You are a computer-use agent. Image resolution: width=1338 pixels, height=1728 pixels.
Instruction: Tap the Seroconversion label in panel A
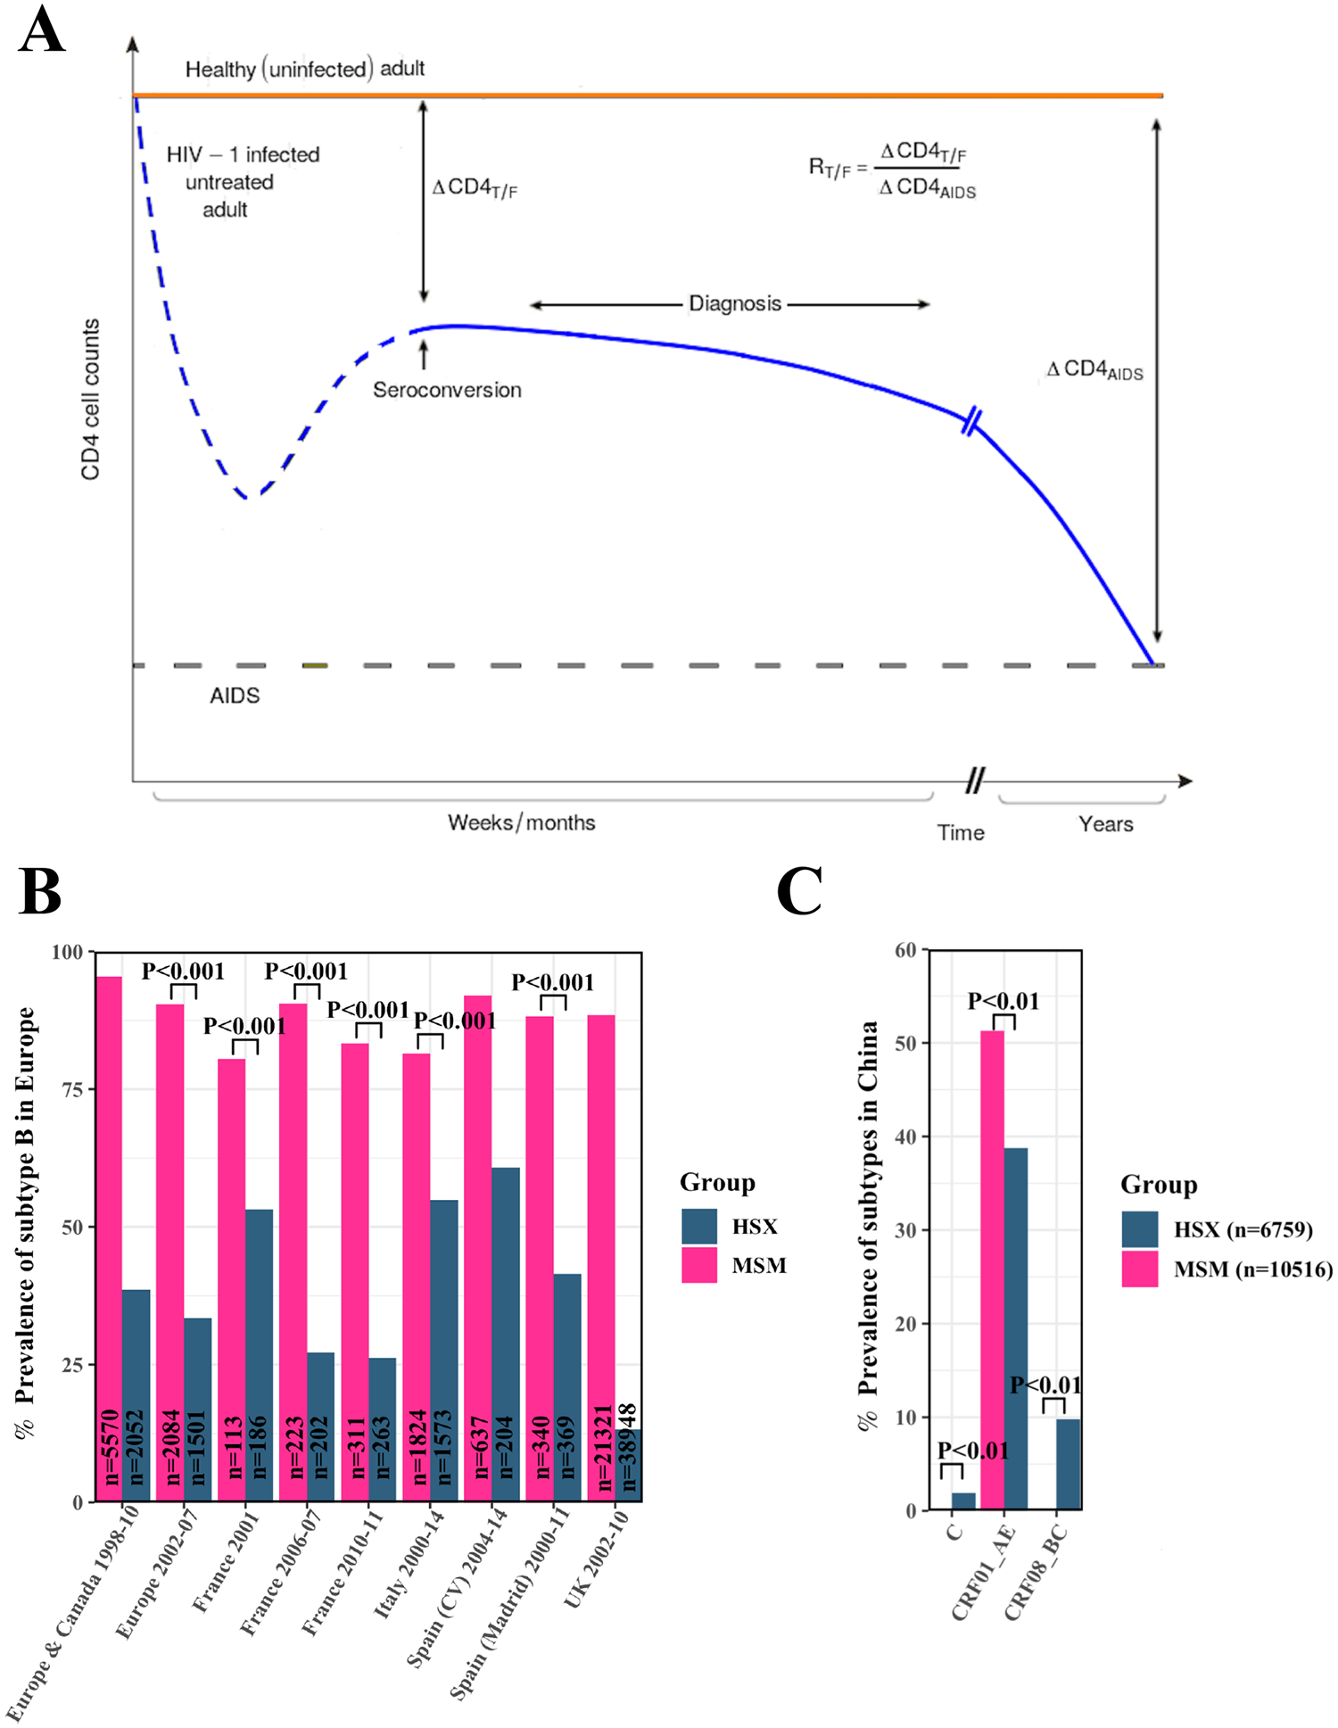447,390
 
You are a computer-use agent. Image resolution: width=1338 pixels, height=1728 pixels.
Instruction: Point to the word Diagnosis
734,304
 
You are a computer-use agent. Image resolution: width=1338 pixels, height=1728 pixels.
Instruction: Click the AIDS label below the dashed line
235,696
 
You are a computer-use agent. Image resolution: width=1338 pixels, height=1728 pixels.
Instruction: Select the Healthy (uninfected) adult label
304,69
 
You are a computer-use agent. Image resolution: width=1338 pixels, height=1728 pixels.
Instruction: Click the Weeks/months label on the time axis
521,823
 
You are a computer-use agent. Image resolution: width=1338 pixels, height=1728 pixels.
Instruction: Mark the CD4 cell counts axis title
91,400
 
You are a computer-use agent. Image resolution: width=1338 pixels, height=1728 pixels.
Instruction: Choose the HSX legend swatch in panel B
699,1227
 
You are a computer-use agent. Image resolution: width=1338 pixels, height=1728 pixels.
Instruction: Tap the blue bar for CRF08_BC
1068,1464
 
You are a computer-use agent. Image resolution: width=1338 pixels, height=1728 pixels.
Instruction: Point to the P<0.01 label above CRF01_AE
1003,1001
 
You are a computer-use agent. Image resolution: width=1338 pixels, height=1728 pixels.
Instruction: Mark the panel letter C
798,891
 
